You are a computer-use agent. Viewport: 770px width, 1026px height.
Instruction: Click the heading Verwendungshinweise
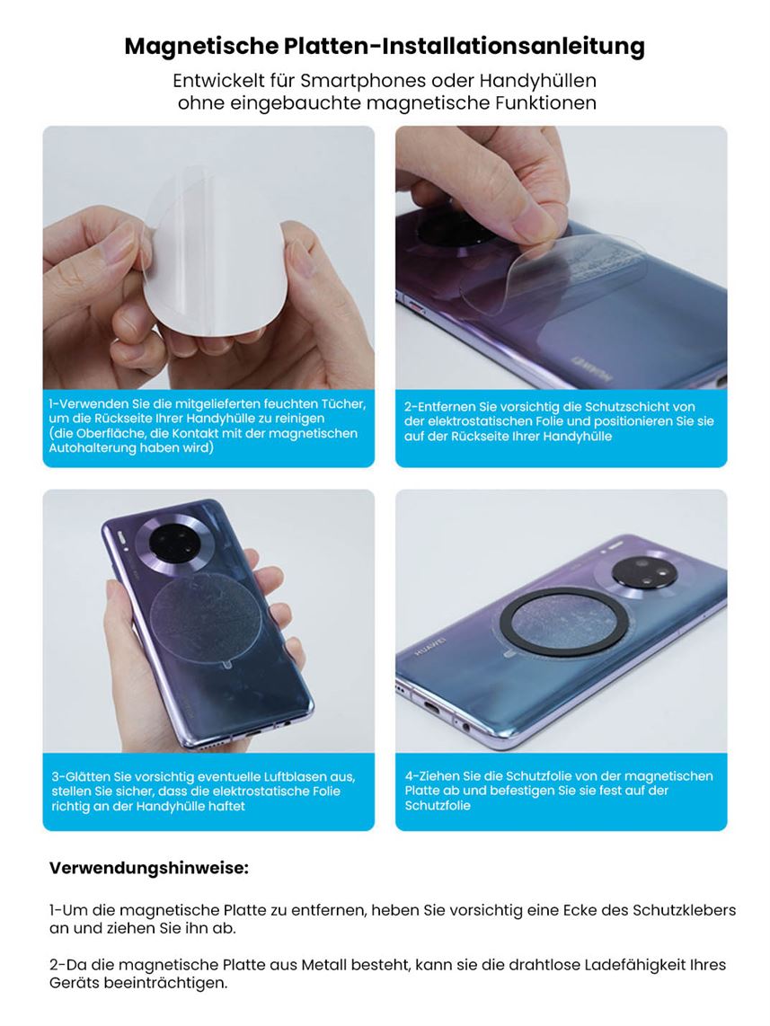tap(149, 868)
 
